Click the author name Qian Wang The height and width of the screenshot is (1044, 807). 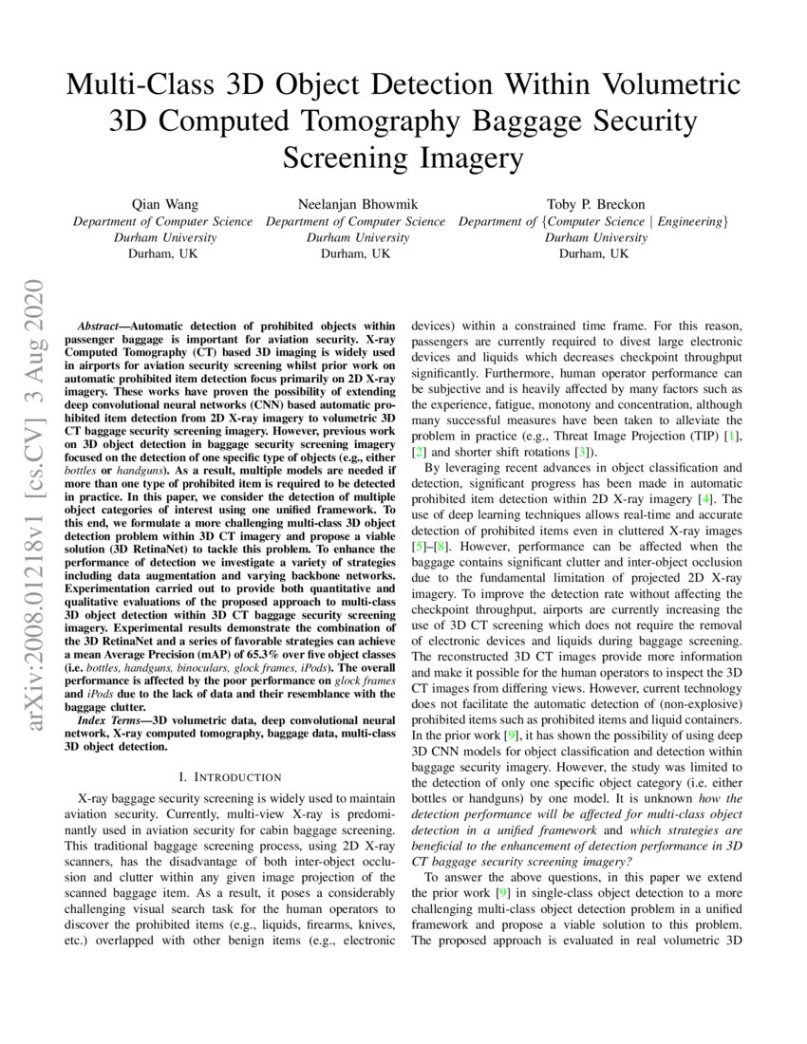[163, 204]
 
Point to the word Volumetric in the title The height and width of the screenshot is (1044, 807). [661, 85]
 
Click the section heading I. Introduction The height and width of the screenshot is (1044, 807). [220, 776]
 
